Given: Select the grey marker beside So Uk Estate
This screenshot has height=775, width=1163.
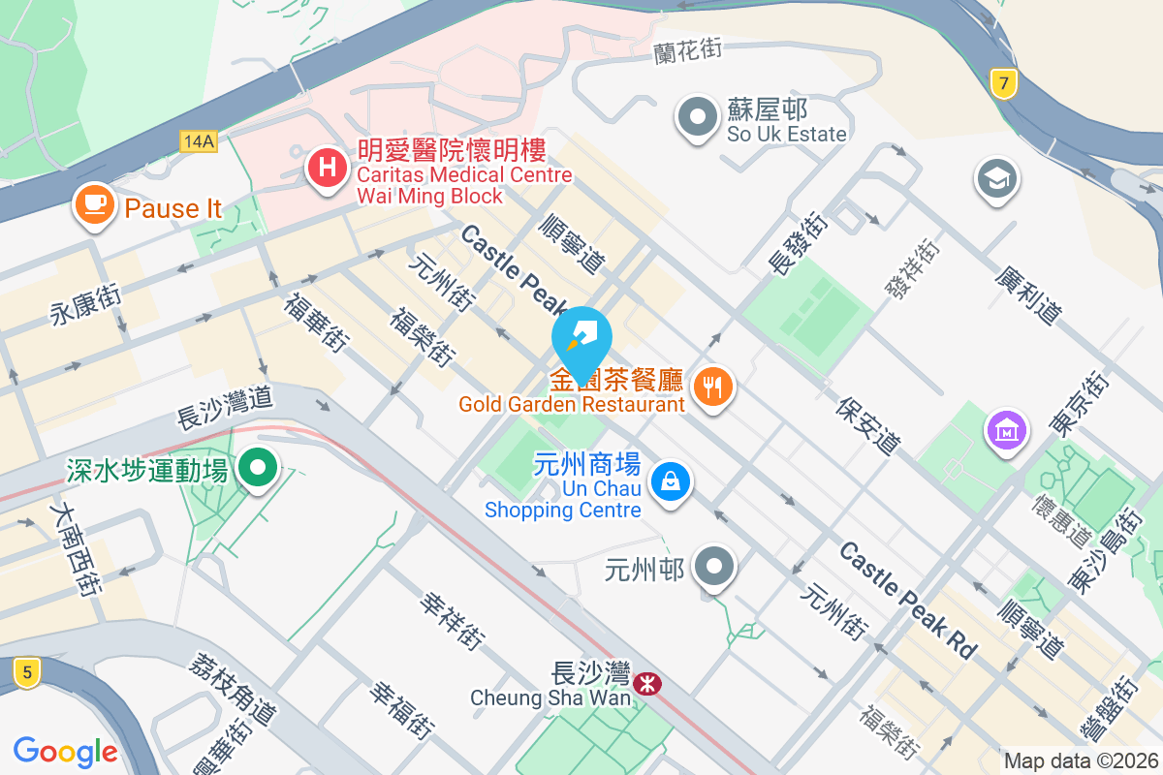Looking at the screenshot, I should point(697,118).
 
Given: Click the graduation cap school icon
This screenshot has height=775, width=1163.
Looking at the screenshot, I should point(995,179).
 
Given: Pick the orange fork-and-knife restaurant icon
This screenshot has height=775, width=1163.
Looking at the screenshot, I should point(713,387).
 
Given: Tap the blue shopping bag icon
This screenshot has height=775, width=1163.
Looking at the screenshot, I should point(669,480).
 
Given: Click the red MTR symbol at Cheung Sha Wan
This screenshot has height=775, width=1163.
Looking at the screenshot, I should point(646,685).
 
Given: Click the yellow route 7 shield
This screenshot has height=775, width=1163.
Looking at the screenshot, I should point(1005,84).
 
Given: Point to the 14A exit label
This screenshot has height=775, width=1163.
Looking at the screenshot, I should point(199,141).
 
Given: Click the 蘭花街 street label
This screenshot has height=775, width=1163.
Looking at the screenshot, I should point(688,50).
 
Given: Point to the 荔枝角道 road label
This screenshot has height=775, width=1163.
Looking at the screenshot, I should point(234,689).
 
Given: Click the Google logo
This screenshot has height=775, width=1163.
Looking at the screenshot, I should point(66,752).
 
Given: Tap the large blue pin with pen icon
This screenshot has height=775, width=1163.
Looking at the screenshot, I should point(581,339).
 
